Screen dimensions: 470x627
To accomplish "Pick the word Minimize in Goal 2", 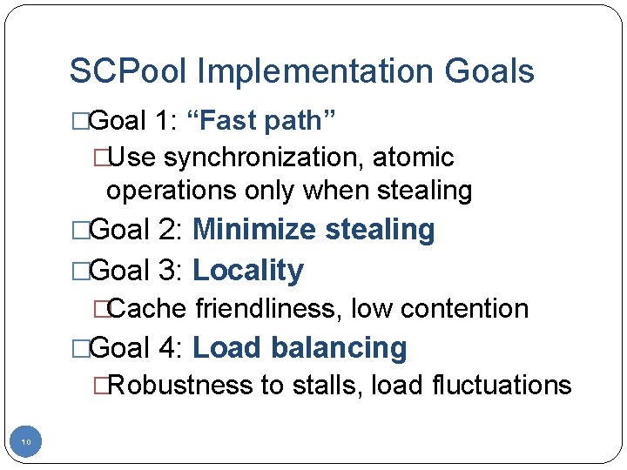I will point(254,230).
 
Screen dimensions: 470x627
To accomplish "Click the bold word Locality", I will point(248,271).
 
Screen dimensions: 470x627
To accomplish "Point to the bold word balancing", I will point(339,348).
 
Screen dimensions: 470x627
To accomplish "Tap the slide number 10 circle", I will point(26,443).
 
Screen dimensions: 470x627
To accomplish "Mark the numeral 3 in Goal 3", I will point(169,271).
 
